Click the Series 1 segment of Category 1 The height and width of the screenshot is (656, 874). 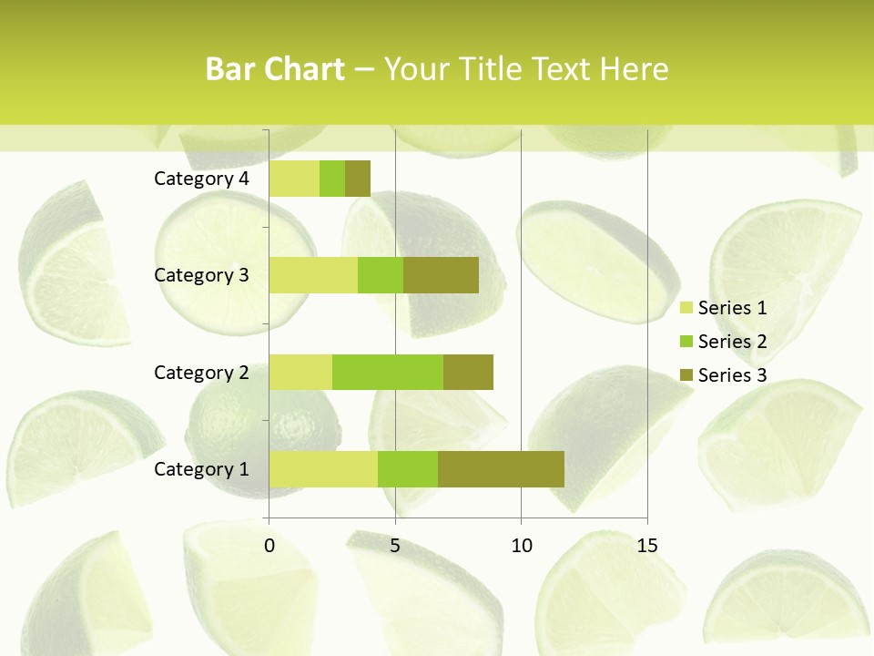click(x=323, y=468)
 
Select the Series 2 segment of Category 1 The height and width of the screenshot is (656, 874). click(x=408, y=468)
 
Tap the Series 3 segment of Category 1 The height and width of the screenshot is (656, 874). click(x=501, y=468)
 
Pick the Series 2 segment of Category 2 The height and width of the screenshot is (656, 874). click(x=388, y=372)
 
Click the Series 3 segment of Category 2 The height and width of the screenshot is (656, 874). click(x=468, y=372)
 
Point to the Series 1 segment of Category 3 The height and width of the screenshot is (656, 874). click(x=313, y=275)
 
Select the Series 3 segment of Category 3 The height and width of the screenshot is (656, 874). click(x=441, y=275)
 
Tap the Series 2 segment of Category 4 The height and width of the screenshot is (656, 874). click(x=332, y=179)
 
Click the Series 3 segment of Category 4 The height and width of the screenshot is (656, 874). click(x=358, y=179)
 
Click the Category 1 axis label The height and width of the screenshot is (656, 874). click(x=201, y=469)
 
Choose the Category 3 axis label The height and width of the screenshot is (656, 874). click(x=201, y=275)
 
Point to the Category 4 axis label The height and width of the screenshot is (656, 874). click(x=201, y=179)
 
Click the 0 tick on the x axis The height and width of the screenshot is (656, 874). click(x=269, y=546)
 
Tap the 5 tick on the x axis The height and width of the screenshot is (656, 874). click(x=395, y=546)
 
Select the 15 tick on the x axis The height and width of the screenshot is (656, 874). click(x=647, y=546)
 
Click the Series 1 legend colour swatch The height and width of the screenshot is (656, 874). click(x=686, y=308)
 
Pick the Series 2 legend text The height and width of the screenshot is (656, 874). click(x=732, y=342)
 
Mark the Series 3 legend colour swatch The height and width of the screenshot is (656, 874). click(x=686, y=375)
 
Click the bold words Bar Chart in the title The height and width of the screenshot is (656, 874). click(x=275, y=69)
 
